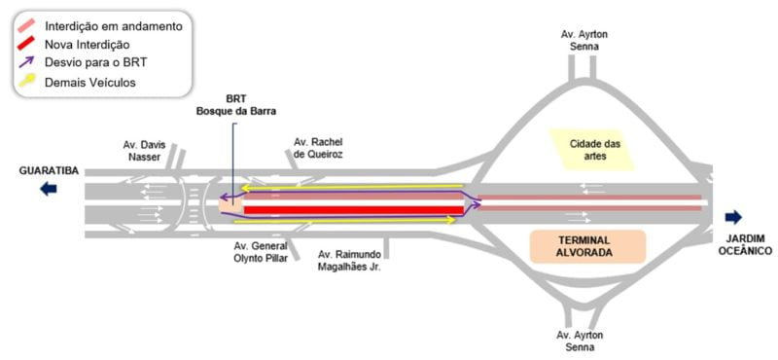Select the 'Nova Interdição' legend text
pos(88,45)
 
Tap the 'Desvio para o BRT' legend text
pos(94,63)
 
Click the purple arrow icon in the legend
pos(27,63)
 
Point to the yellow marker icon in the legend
pos(27,83)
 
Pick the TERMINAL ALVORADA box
pos(587,246)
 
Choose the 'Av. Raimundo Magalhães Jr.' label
pos(351,261)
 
